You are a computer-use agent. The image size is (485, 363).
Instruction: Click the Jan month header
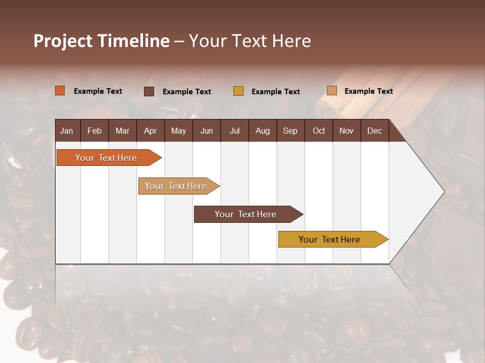67,131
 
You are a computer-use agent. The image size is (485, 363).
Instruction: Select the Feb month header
94,131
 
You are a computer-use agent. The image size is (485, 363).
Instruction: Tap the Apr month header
150,131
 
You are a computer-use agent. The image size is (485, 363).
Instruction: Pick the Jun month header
207,131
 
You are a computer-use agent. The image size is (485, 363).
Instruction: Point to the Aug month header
262,131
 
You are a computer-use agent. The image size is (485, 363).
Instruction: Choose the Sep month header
290,131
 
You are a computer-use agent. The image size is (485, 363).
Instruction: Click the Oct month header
319,131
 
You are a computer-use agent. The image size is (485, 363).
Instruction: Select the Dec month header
374,131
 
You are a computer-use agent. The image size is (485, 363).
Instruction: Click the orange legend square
60,91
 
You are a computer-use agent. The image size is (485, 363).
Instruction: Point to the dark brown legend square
149,91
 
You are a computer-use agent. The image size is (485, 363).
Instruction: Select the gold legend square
238,91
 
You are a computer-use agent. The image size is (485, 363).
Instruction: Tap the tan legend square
332,91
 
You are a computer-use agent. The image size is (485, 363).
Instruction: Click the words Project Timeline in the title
102,41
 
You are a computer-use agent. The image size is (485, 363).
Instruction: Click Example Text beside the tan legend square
368,91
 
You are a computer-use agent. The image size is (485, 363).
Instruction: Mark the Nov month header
346,131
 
